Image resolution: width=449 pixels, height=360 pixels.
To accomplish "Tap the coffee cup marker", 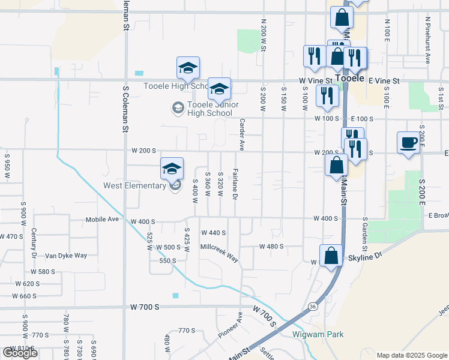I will coord(408,143).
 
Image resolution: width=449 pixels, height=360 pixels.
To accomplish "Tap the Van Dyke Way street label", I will coord(66,256).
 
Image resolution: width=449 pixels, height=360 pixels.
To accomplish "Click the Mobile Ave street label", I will coord(103,220).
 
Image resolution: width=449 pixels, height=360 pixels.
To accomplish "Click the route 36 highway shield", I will coord(313,306).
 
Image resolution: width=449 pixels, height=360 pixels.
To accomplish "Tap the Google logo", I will coord(20,353).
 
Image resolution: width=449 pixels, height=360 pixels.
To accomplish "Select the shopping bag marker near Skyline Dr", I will coord(331,256).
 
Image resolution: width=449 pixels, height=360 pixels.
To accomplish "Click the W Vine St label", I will coord(315,80).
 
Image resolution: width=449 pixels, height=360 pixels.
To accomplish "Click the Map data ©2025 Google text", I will coord(412,355).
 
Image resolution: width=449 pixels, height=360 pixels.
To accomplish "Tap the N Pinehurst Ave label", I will coord(428,40).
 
